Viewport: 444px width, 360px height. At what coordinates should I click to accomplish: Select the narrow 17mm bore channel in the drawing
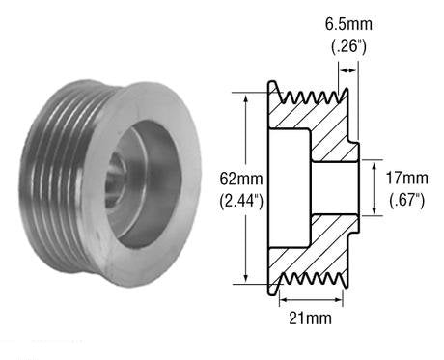pyautogui.click(x=333, y=189)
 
